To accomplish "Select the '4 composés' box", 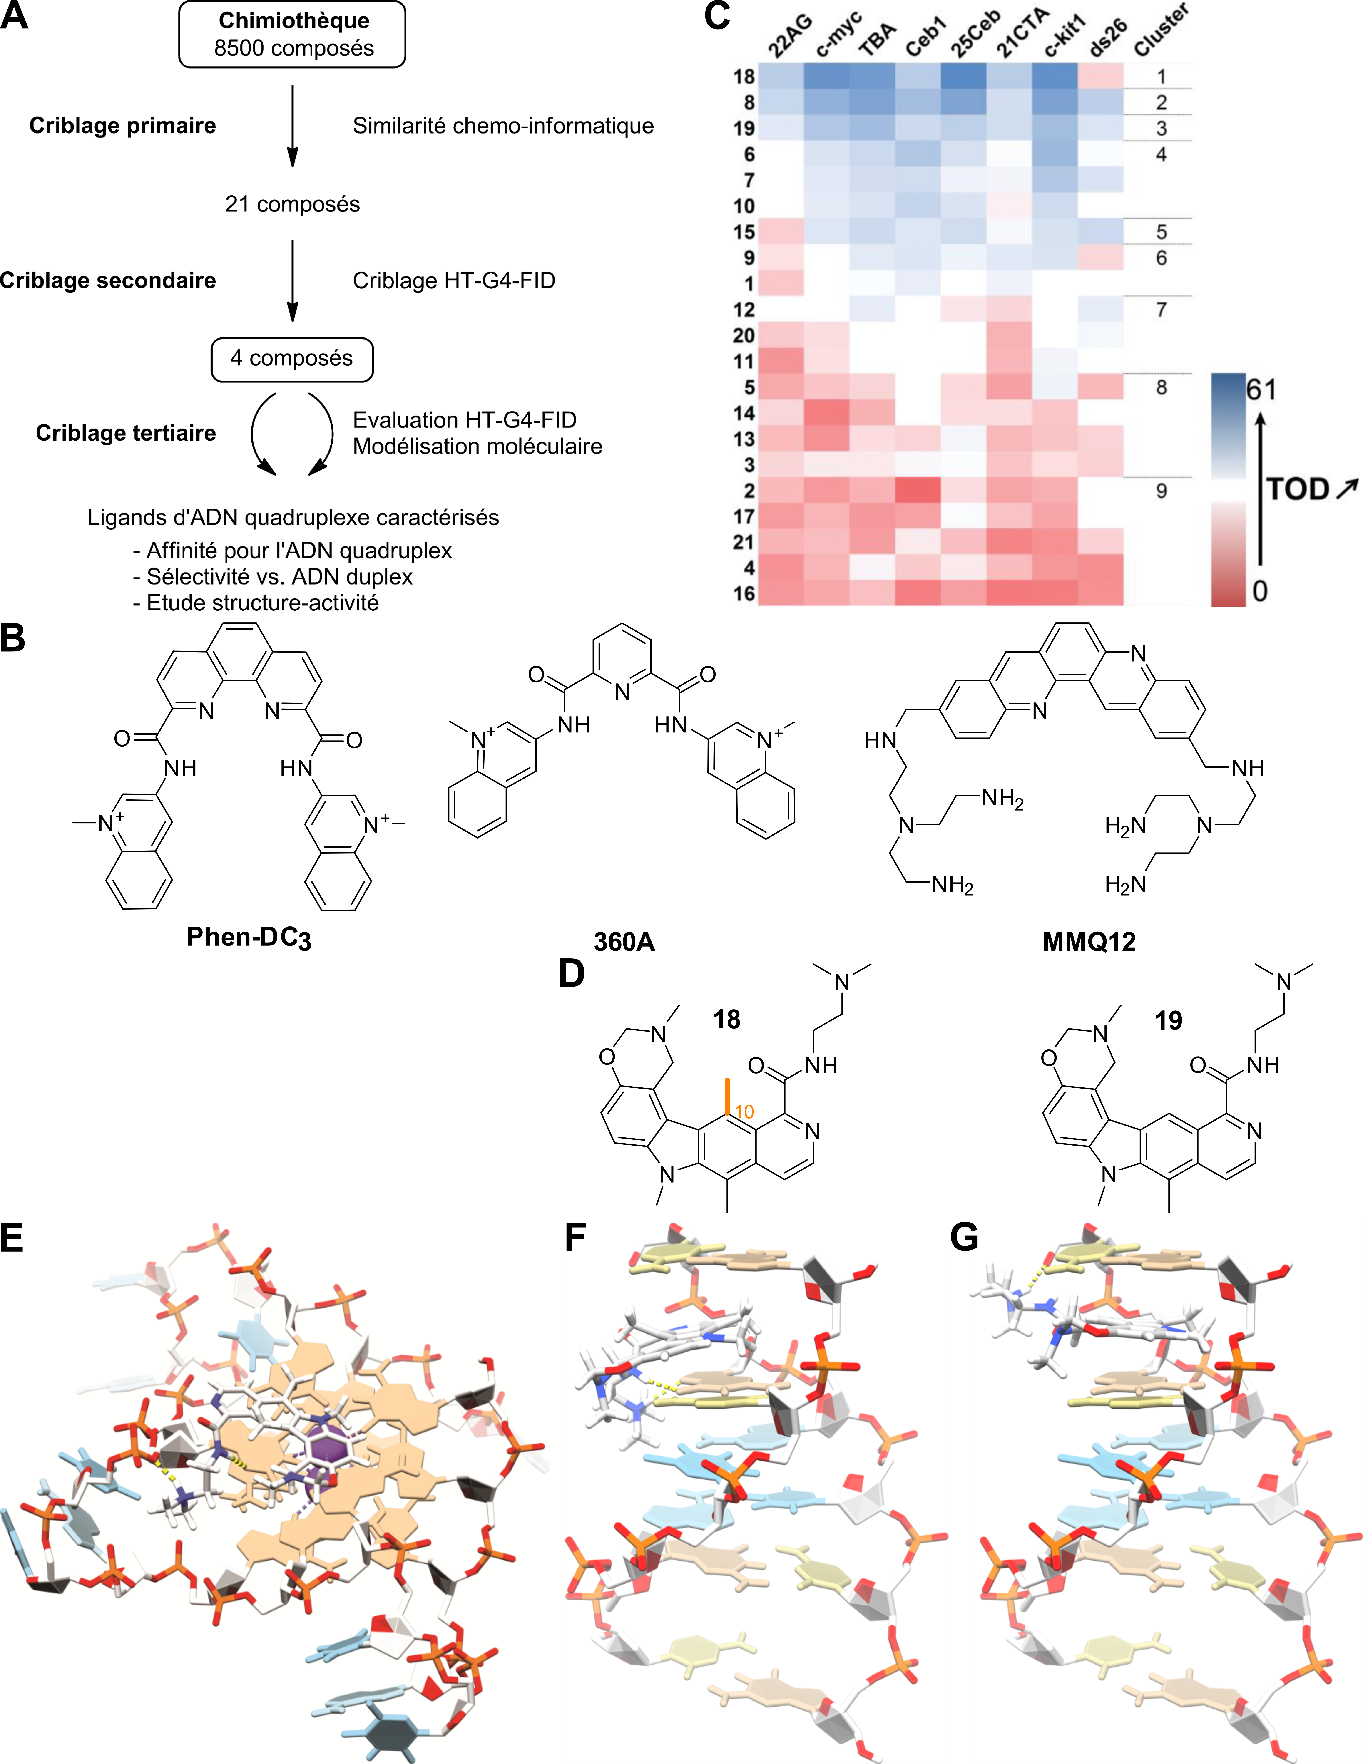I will (292, 359).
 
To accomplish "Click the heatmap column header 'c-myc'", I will (839, 36).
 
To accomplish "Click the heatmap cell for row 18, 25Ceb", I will (963, 77).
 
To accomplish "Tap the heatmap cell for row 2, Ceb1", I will (918, 490).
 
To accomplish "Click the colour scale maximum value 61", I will (1262, 390).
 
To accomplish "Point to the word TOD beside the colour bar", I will (1298, 489).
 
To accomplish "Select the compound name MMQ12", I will (1089, 942).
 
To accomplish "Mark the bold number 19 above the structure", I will (1168, 1021).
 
